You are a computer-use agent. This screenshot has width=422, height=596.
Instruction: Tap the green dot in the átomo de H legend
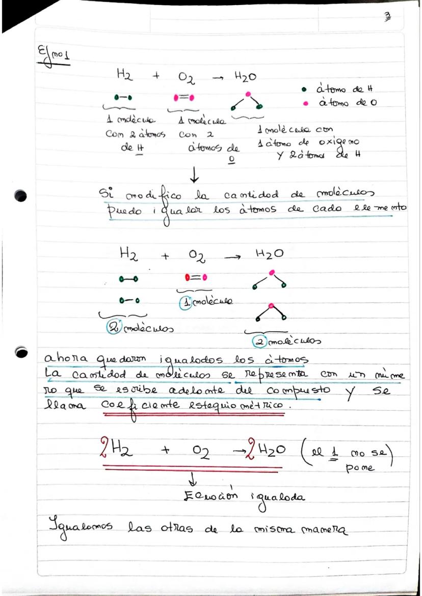pos(304,90)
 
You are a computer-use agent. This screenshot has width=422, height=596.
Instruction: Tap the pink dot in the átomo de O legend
pos(305,103)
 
